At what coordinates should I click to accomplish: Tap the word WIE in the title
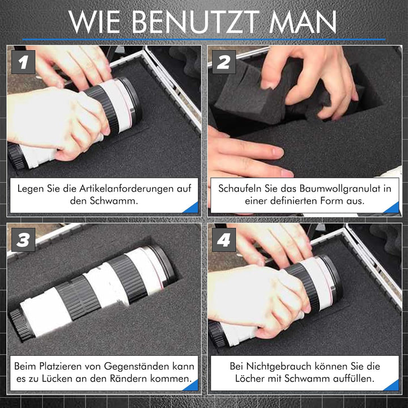pyautogui.click(x=95, y=22)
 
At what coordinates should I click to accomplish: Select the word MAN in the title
pyautogui.click(x=303, y=22)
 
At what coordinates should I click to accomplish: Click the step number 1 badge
pyautogui.click(x=23, y=62)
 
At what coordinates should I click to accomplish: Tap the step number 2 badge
pyautogui.click(x=224, y=62)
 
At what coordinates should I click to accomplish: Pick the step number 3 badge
pyautogui.click(x=23, y=240)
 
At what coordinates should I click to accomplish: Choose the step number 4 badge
pyautogui.click(x=224, y=240)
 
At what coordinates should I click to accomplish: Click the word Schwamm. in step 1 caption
pyautogui.click(x=114, y=201)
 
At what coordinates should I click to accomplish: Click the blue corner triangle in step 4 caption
pyautogui.click(x=393, y=386)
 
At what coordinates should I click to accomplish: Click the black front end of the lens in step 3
pyautogui.click(x=22, y=325)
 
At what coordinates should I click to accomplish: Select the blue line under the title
pyautogui.click(x=204, y=40)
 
